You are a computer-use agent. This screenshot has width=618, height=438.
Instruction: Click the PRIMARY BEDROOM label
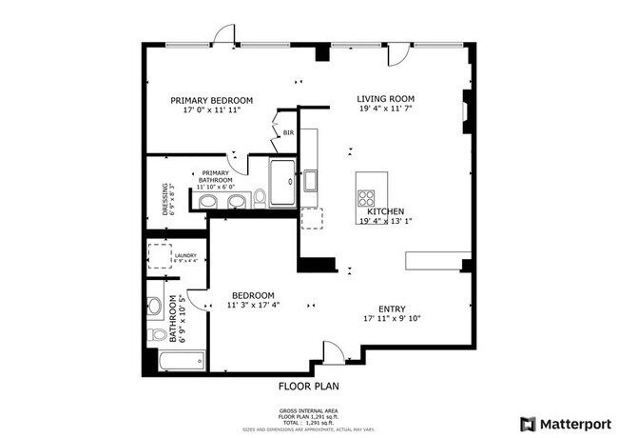211,100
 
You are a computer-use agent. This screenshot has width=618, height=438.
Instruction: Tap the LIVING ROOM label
386,98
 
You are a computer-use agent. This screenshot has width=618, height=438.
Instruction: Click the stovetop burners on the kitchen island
366,198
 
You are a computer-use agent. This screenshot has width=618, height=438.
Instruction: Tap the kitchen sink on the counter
310,180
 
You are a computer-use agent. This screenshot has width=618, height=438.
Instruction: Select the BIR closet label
288,133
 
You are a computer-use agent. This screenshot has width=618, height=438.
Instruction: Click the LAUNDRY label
184,255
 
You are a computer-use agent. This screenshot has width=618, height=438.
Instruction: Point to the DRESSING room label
165,201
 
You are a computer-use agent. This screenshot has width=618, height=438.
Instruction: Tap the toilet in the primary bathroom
260,197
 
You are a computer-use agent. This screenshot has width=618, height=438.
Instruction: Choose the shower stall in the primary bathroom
281,183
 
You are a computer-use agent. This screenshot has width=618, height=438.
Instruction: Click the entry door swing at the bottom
333,353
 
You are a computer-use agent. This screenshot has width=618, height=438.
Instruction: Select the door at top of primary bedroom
223,34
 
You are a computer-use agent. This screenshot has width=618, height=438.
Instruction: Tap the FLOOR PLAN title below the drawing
308,387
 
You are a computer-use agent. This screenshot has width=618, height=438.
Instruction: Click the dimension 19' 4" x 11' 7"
386,110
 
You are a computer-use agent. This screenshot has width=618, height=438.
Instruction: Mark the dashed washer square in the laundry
158,257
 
